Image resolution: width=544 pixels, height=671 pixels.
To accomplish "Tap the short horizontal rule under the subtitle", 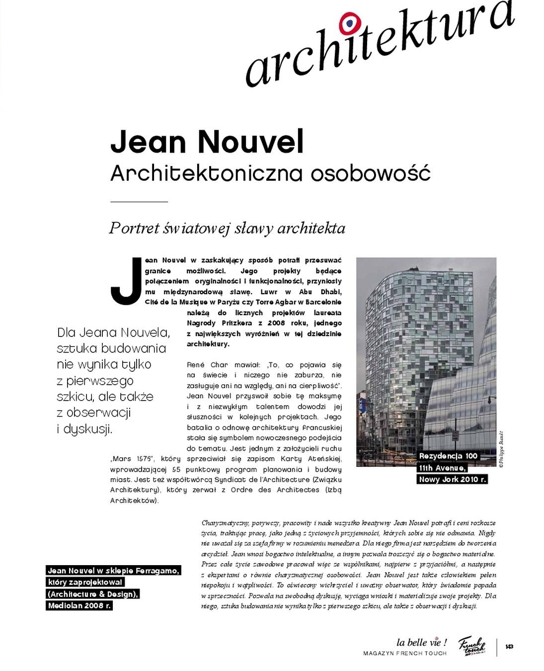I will point(139,202).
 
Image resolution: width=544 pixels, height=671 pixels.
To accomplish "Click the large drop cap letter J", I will point(125,281).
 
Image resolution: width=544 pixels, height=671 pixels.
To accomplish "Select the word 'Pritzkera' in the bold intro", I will point(238,323).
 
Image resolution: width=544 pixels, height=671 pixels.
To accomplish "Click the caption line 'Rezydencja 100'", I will point(448,456).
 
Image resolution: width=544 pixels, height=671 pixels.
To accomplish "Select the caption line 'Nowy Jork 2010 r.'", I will point(452,479).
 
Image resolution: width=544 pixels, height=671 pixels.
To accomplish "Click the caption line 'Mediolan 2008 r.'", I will point(79,605).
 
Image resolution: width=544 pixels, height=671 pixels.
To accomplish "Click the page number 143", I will point(509,647).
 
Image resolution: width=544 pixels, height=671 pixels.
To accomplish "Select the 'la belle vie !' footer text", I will point(421,643).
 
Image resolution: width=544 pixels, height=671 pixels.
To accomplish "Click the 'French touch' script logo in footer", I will point(471,646).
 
